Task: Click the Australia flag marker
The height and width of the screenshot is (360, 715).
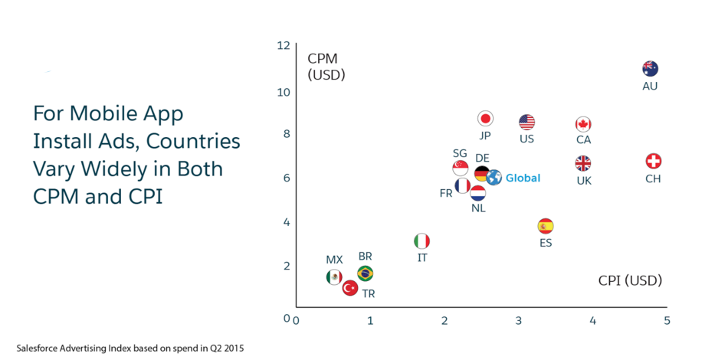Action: click(x=650, y=68)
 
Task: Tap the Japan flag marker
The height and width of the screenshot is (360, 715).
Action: click(x=485, y=119)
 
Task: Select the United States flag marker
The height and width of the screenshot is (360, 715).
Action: click(x=526, y=122)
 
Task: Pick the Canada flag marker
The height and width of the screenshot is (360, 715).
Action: click(x=583, y=124)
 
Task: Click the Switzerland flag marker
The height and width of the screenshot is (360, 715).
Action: click(x=653, y=161)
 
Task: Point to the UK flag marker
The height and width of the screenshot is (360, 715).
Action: click(x=583, y=163)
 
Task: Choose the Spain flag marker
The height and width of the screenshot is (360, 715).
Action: click(x=546, y=226)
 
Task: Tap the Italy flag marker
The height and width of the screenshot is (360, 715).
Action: click(x=422, y=241)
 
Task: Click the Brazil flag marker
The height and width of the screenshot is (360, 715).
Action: click(x=366, y=273)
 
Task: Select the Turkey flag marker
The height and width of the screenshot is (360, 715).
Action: click(x=350, y=288)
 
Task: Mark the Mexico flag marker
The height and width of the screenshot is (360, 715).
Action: click(x=333, y=277)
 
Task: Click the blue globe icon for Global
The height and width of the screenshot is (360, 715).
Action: click(x=494, y=178)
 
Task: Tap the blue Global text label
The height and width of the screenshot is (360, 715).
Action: click(x=523, y=178)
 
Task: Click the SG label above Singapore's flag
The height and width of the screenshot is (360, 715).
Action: click(x=460, y=153)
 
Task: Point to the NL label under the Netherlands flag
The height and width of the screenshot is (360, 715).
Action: click(x=478, y=208)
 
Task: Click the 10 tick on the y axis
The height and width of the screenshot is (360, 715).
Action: click(x=284, y=93)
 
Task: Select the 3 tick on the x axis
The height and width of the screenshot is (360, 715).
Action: click(x=518, y=320)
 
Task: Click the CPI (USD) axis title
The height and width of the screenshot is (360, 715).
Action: click(x=630, y=280)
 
